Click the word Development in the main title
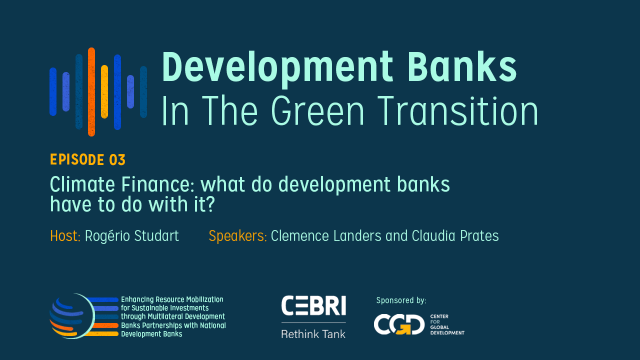277,68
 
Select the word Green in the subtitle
317,111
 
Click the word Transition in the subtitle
458,111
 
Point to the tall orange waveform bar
91,91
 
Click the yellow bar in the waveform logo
104,91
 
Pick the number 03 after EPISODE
117,159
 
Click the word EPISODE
77,159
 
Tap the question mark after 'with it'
210,204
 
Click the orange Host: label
65,236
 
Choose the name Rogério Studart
132,236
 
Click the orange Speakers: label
237,236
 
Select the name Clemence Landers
326,236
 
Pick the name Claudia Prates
455,236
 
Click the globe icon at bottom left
72,316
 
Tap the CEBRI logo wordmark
313,305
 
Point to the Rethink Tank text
313,334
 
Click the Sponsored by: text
401,300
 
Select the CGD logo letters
399,324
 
